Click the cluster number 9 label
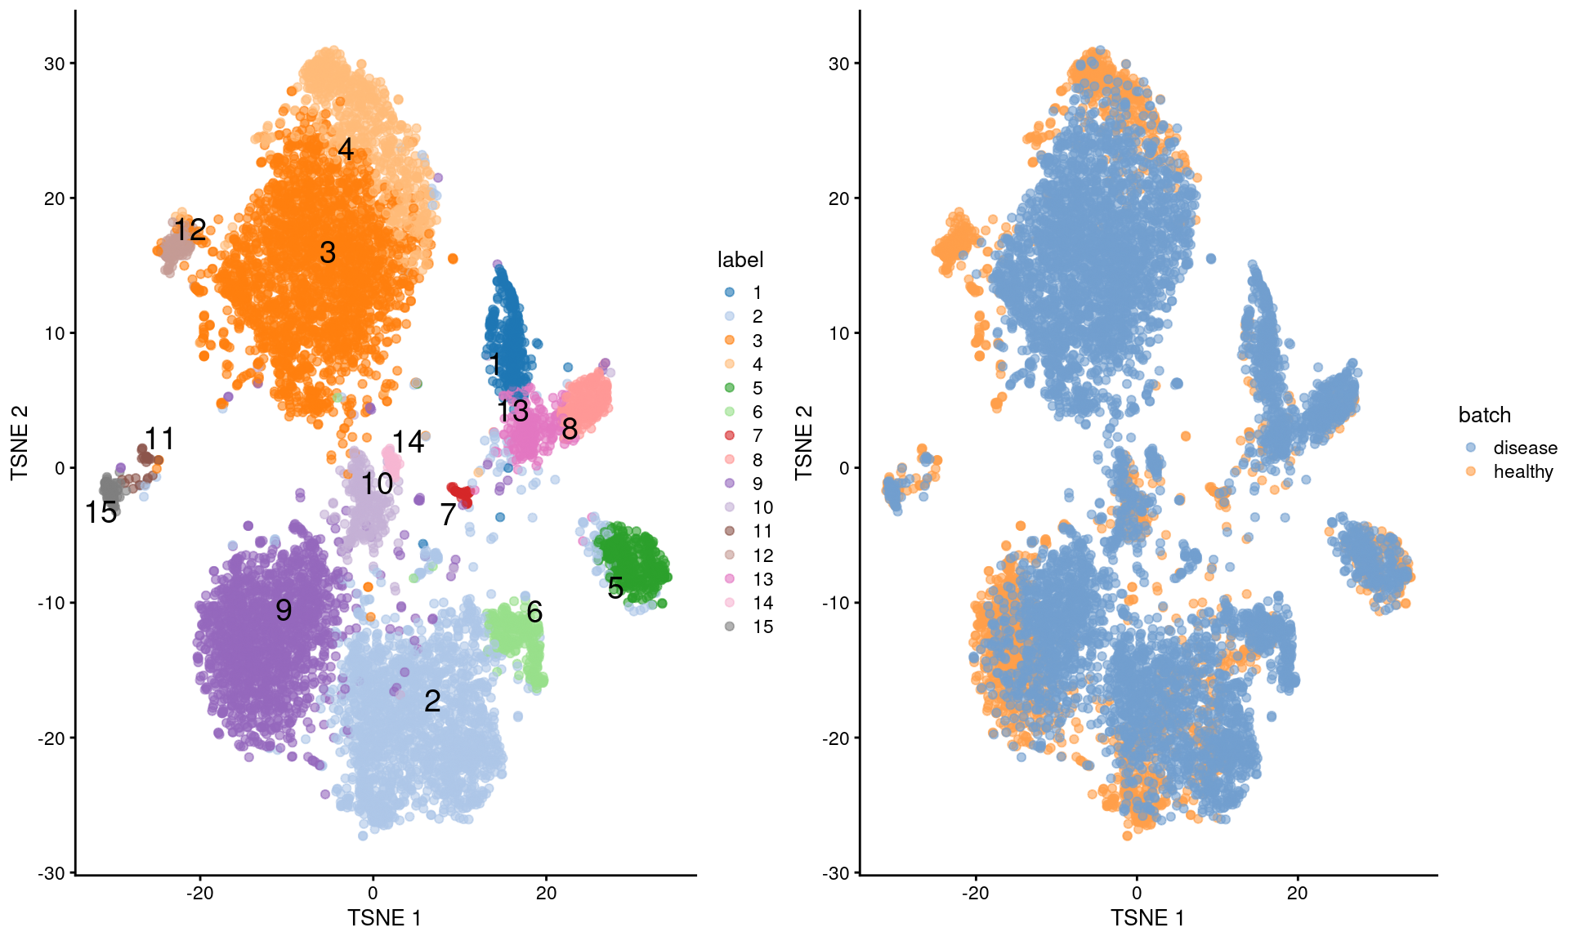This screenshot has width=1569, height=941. (284, 610)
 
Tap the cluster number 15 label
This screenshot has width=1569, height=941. (101, 513)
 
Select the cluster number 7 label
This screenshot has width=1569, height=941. (447, 515)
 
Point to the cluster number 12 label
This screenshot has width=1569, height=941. (190, 230)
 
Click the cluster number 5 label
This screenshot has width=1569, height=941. (615, 587)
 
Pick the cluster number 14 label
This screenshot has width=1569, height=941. (408, 443)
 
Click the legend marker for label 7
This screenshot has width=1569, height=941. (730, 435)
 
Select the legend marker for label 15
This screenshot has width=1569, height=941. (730, 627)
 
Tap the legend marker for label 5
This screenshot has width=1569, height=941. (730, 388)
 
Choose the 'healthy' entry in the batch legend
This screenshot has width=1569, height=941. (1522, 471)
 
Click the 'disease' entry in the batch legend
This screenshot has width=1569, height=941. (1524, 448)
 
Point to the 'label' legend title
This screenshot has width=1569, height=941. (740, 260)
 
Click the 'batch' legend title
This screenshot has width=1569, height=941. (1484, 415)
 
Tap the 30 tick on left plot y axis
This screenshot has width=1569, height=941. (54, 64)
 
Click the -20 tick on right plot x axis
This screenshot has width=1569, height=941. (975, 893)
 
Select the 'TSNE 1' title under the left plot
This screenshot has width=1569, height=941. (384, 918)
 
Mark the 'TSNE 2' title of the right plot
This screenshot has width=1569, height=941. (804, 442)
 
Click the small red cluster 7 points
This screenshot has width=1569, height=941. (463, 493)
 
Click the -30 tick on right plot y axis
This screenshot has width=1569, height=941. (838, 872)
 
